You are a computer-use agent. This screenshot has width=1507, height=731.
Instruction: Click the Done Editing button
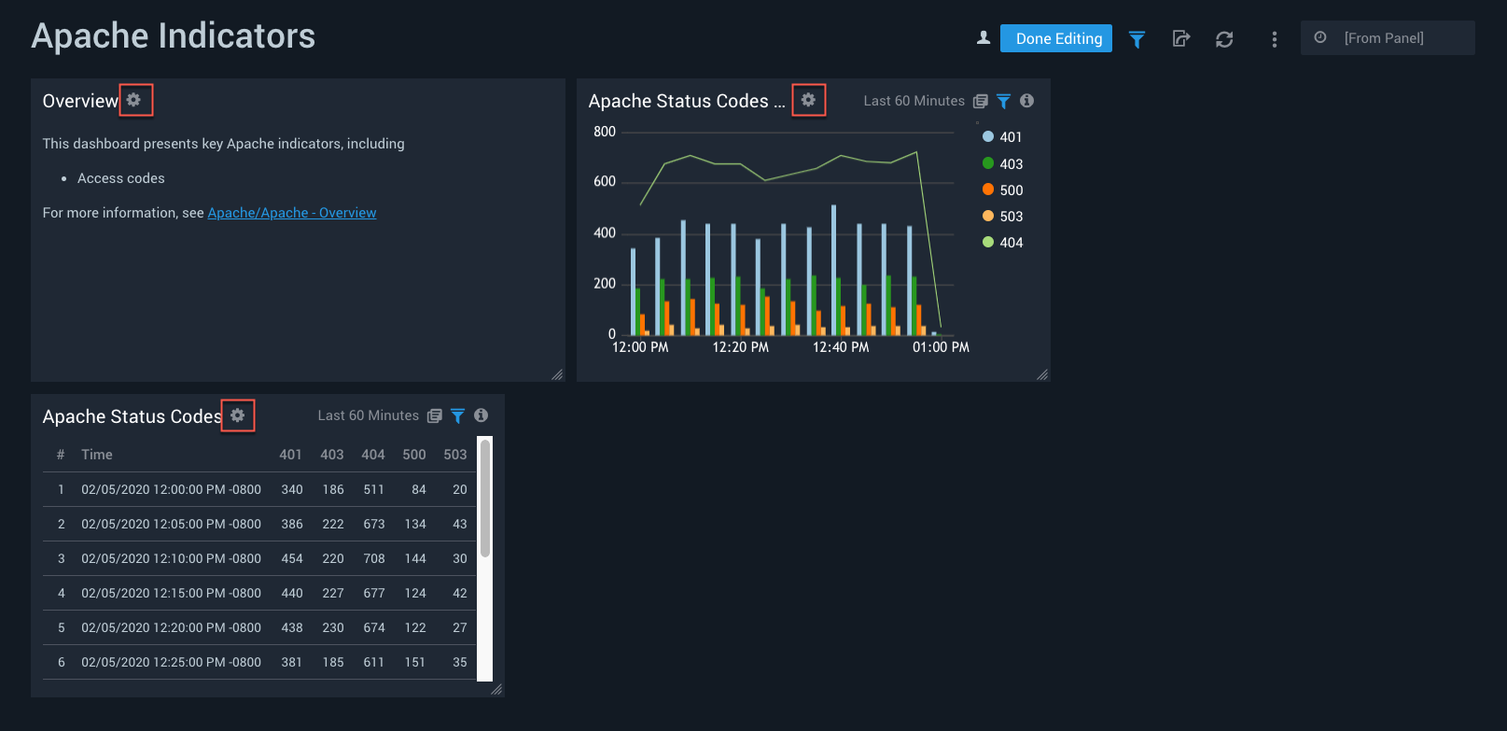pyautogui.click(x=1055, y=38)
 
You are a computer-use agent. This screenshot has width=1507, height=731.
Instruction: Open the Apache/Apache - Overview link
pyautogui.click(x=291, y=213)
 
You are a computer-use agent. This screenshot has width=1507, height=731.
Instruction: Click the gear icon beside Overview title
pyautogui.click(x=134, y=100)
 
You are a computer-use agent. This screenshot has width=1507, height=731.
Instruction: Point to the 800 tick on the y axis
pyautogui.click(x=605, y=132)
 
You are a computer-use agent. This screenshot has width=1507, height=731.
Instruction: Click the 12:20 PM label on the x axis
pyautogui.click(x=740, y=347)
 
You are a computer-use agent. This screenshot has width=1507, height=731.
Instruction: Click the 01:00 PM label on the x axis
pyautogui.click(x=941, y=347)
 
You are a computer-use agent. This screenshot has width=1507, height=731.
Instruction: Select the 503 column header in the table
pyautogui.click(x=455, y=455)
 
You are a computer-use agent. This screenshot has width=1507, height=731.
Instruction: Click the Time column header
pyautogui.click(x=97, y=455)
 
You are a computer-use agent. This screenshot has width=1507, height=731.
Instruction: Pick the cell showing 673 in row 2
pyautogui.click(x=374, y=525)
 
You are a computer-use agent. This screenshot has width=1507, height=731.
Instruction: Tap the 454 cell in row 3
pyautogui.click(x=292, y=559)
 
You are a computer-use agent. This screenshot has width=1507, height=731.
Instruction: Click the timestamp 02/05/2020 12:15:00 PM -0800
pyautogui.click(x=171, y=594)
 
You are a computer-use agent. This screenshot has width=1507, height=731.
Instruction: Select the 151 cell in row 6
pyautogui.click(x=415, y=663)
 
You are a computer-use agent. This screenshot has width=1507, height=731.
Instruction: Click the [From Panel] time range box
pyautogui.click(x=1387, y=38)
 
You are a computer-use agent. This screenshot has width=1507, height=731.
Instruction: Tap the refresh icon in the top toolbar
pyautogui.click(x=1224, y=39)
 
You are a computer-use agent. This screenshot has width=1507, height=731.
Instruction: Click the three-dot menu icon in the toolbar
pyautogui.click(x=1275, y=39)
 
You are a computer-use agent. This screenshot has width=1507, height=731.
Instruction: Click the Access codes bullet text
pyautogui.click(x=121, y=178)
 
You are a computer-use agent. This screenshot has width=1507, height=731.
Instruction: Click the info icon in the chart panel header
pyautogui.click(x=1026, y=101)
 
